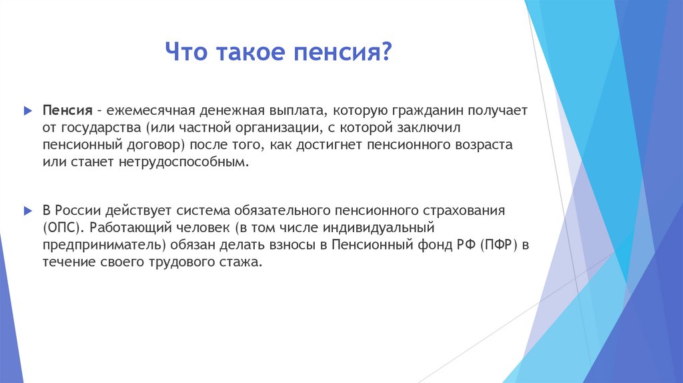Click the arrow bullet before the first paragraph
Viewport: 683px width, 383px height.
click(27, 109)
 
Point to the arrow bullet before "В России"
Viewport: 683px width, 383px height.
click(27, 210)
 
